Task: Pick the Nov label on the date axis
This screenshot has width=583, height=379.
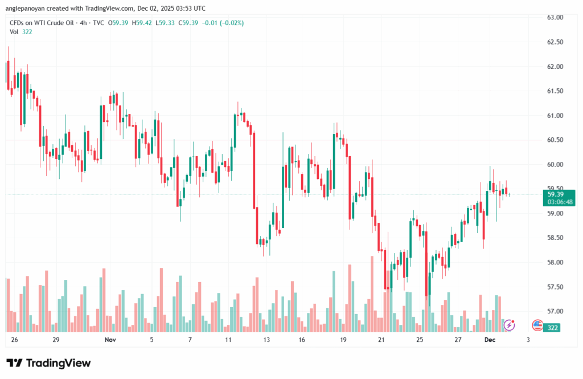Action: point(110,339)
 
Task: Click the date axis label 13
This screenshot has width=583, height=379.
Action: point(266,339)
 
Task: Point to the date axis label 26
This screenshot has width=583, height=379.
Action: point(14,339)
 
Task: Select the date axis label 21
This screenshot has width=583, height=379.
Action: point(381,339)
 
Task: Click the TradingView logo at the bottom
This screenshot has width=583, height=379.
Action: point(48,363)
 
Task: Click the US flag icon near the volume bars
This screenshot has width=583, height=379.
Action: point(537,325)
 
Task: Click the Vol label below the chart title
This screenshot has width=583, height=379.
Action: point(14,32)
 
